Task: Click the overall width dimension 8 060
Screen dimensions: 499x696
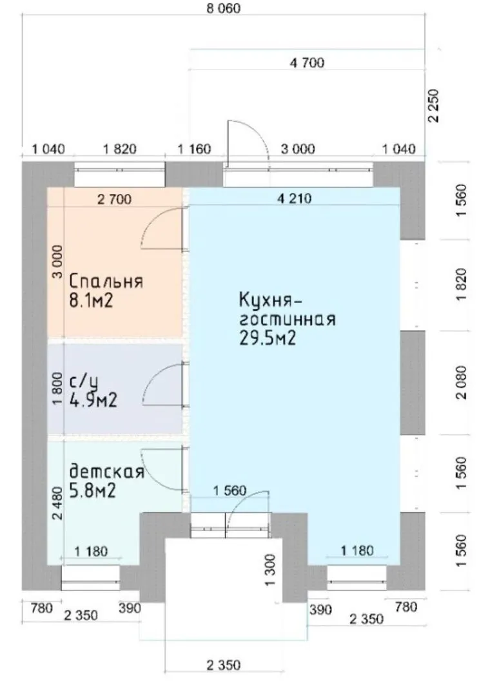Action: click(223, 8)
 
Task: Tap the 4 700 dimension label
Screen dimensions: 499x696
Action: click(308, 63)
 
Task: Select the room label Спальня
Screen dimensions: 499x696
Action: click(106, 282)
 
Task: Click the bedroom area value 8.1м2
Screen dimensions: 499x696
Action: click(91, 300)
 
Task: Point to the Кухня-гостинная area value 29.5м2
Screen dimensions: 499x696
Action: click(268, 338)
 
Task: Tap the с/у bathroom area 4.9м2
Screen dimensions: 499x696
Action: click(93, 400)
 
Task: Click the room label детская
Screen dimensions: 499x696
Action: click(107, 471)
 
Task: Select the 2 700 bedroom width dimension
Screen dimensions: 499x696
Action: click(114, 199)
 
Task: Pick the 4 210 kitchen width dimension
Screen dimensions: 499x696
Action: click(294, 198)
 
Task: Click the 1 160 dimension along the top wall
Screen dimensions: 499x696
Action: click(195, 149)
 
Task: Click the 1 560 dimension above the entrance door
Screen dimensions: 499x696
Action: click(230, 490)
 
